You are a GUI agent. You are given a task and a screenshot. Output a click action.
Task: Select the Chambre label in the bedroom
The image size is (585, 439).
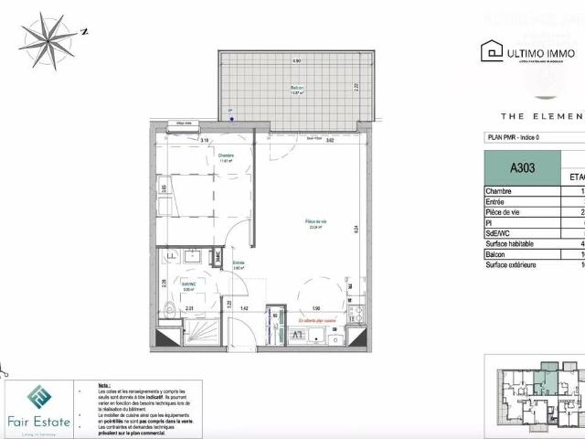point(226,157)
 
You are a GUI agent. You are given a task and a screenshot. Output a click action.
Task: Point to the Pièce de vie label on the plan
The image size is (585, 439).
point(317,222)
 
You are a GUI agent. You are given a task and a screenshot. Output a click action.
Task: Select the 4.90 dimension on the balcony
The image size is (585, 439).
point(296,60)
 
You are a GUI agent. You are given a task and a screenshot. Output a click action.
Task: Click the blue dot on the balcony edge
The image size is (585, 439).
point(231,118)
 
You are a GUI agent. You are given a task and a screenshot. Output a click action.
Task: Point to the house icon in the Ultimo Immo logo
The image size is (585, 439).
point(495,52)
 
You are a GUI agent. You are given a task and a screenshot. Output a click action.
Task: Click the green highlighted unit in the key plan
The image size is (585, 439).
point(548,376)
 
